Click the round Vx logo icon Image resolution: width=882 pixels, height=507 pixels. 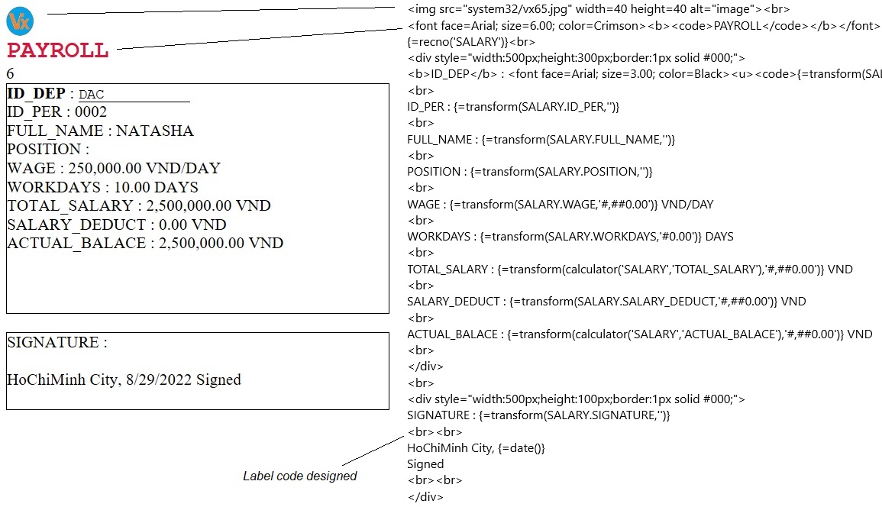pos(19,22)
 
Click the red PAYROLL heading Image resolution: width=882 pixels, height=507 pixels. pos(57,51)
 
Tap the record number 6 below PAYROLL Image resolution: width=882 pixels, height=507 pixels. pos(10,74)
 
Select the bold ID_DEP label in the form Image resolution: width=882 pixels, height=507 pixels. pos(36,94)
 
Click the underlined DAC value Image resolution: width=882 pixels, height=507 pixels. pos(92,95)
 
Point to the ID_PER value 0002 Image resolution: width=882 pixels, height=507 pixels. pos(91,112)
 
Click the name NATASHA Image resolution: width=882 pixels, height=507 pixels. pos(154,131)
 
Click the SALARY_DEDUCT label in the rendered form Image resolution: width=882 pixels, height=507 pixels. pos(76,224)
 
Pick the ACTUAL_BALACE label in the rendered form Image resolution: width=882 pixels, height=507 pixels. pos(76,243)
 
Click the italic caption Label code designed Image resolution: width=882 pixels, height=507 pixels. pos(299,476)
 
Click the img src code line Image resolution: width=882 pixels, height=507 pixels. pos(598,9)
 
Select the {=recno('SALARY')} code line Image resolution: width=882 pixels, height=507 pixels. pos(471,41)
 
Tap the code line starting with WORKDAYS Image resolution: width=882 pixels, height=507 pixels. pos(570,237)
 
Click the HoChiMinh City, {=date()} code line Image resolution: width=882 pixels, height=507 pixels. pos(476,447)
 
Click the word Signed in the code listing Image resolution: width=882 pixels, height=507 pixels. pos(425,463)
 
